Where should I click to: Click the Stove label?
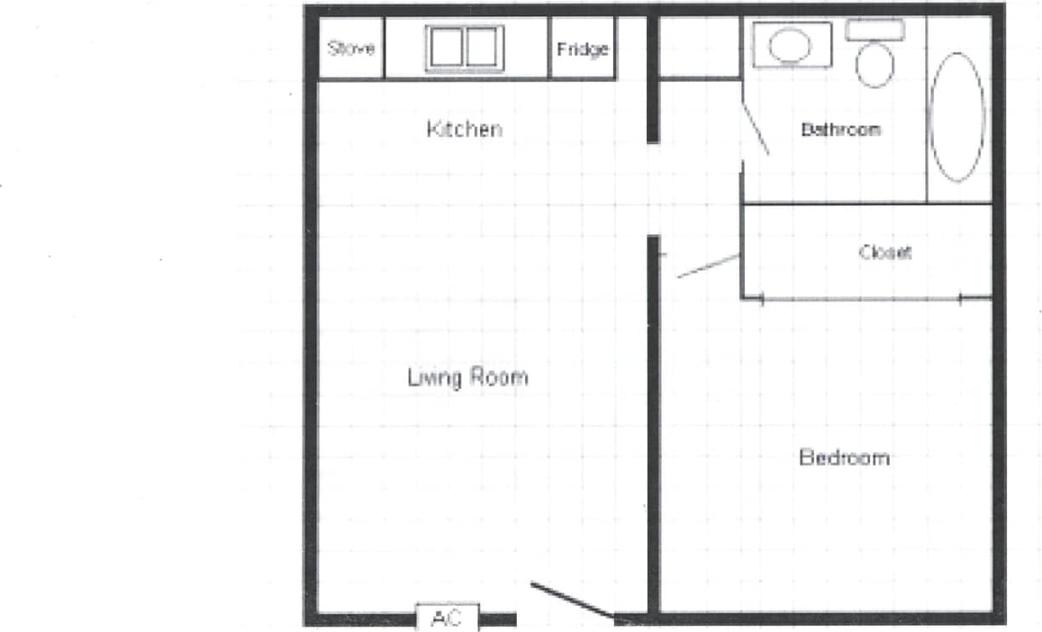coord(351,49)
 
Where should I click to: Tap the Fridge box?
coord(582,49)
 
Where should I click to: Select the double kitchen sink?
coord(464,48)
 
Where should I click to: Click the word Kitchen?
coord(464,129)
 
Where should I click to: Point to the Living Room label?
coord(467,376)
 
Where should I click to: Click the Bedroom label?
coord(844,457)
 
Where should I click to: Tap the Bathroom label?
coord(840,130)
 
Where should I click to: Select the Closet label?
coord(885,252)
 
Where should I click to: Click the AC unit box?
coord(447,618)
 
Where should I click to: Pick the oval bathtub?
coord(958,117)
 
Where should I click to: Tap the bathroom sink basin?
coord(791,44)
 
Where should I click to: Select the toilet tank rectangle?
coord(874,30)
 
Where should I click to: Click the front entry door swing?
coord(572,600)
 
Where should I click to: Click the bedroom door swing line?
coord(707,266)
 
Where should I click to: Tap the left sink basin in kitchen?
coord(445,48)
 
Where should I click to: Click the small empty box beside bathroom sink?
coord(698,47)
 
